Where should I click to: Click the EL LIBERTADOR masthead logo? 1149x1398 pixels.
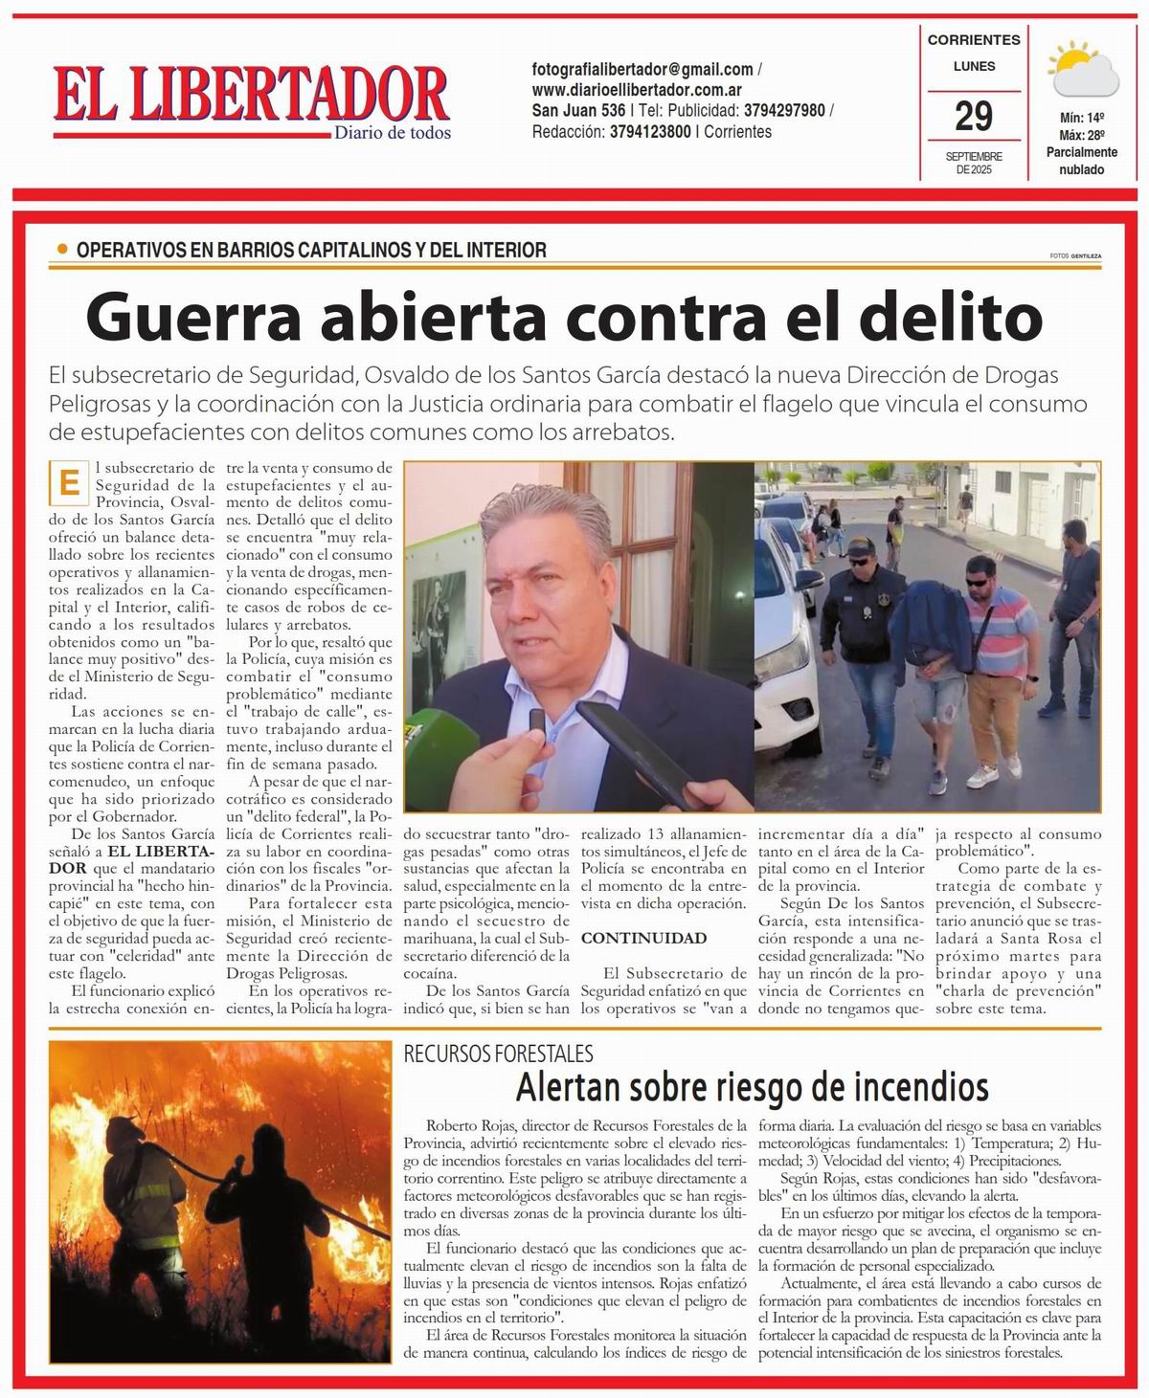251,98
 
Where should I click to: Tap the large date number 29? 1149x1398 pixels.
973,117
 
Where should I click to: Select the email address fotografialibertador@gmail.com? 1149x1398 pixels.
642,69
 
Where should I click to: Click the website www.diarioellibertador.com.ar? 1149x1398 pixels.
638,90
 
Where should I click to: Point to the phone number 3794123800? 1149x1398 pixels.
650,132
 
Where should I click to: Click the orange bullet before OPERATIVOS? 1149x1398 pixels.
62,250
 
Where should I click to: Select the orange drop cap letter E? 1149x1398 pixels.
67,482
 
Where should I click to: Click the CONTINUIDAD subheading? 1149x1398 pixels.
643,938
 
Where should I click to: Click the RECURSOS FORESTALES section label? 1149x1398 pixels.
498,1054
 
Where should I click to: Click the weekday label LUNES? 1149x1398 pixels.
974,66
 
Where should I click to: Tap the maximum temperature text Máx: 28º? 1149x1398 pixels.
1081,135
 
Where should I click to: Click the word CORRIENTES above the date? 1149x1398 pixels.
974,40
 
